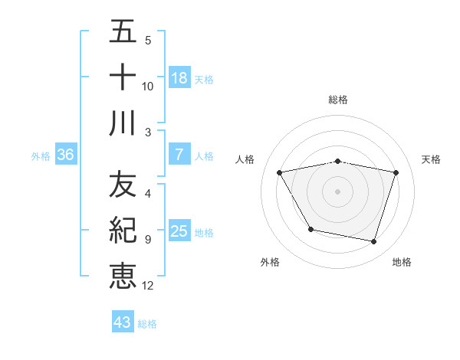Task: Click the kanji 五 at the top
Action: click(x=123, y=33)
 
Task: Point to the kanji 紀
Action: click(x=123, y=231)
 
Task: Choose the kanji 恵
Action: click(x=123, y=275)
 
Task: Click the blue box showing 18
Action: click(x=179, y=78)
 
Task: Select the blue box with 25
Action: click(x=179, y=231)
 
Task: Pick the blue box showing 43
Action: click(x=123, y=322)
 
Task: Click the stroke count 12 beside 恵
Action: click(x=148, y=286)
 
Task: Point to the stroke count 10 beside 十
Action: click(x=148, y=86)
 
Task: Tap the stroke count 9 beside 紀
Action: click(x=147, y=240)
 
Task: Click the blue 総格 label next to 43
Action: click(x=147, y=324)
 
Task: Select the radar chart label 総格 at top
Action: click(x=338, y=100)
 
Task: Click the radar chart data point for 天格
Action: click(x=396, y=173)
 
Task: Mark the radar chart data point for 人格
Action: click(x=280, y=173)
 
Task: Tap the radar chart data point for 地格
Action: click(x=374, y=242)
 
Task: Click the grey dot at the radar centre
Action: click(x=338, y=191)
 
